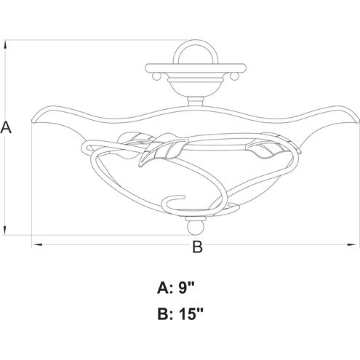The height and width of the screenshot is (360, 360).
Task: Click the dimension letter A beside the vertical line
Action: pos(6,128)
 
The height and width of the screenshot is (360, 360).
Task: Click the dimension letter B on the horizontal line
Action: pos(197,247)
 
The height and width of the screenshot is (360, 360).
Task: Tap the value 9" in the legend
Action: pos(186,288)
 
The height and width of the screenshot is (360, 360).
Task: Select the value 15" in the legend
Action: pos(191,314)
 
